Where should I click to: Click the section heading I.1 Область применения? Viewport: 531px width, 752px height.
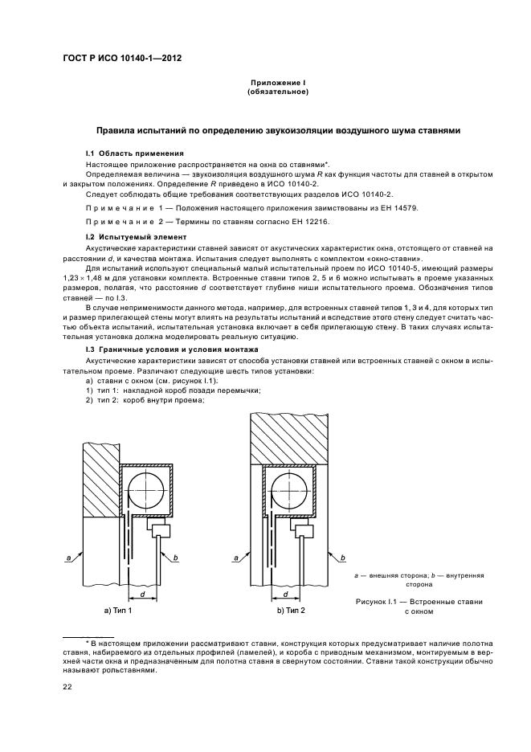[x=135, y=153]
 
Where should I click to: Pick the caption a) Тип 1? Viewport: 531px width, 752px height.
[x=118, y=611]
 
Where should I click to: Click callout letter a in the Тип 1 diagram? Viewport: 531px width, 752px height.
[x=70, y=556]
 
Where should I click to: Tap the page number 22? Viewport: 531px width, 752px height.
[x=67, y=685]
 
